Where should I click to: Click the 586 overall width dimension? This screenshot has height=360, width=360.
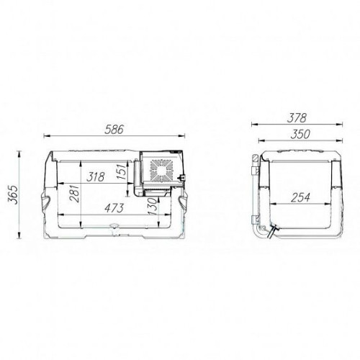coord(114,130)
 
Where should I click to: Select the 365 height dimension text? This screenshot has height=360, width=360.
coord(14,194)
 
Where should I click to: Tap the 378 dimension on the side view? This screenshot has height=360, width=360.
coord(297,118)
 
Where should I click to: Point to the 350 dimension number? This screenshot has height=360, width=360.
coord(300,135)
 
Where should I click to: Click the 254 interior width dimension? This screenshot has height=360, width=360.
coord(300,197)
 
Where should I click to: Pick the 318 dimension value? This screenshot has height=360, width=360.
coord(96,177)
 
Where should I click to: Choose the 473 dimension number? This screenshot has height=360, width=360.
coord(114,208)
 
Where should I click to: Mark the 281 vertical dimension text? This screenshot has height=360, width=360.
coord(74,193)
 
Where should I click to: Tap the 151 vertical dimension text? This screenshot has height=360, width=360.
coord(122,171)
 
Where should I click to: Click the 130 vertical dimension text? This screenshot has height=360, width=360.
coord(153,206)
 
